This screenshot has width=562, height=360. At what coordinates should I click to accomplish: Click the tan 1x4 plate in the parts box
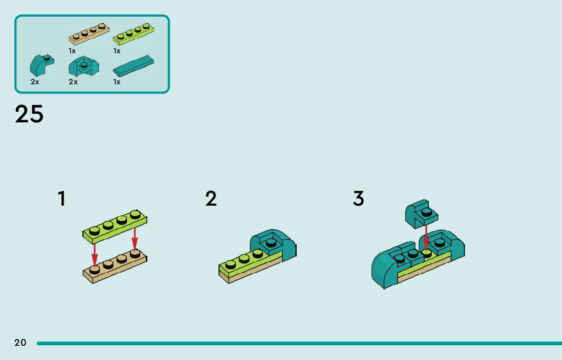89,34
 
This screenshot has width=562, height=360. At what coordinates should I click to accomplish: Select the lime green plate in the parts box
133,34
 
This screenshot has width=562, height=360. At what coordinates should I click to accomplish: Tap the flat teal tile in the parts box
133,65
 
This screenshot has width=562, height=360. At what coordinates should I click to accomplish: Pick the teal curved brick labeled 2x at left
41,66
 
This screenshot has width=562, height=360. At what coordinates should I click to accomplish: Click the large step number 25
29,115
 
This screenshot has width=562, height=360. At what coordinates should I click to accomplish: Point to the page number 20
20,343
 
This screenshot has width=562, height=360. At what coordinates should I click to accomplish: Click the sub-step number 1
61,199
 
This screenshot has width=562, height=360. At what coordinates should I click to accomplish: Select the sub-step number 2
211,199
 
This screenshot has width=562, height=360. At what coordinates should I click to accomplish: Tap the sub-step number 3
359,199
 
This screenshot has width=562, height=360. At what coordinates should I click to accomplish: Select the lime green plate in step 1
115,226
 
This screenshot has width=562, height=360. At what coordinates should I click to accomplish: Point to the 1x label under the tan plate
72,51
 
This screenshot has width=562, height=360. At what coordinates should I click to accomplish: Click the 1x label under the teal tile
117,82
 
